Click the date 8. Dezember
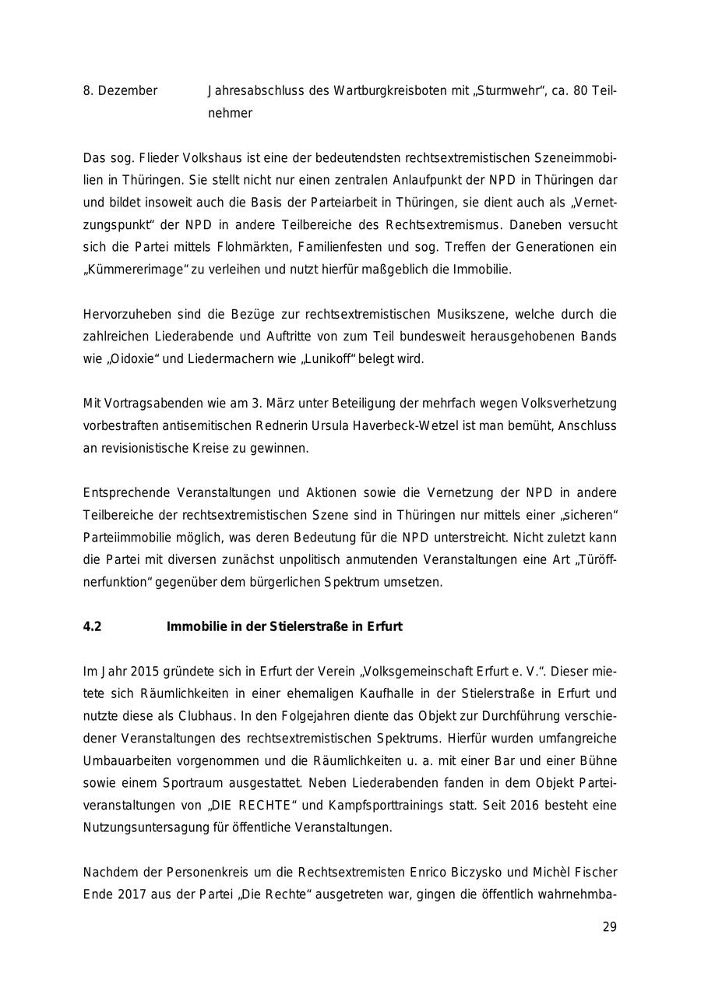click(x=120, y=91)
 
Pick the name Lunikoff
click(x=322, y=359)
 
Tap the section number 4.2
click(x=92, y=626)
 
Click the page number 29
click(x=609, y=927)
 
